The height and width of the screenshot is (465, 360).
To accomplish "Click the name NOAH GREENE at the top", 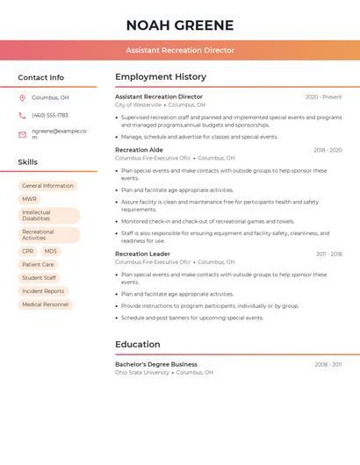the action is coord(180,25).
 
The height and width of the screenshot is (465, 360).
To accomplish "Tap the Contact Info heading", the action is coord(40,77).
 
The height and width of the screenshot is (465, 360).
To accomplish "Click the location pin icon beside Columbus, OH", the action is coord(22,97).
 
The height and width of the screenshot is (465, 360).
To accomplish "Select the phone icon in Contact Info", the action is coord(22,115).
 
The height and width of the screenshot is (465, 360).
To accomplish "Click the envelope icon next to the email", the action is coord(22,134).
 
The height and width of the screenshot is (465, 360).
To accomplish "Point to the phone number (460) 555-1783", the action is coord(50,115).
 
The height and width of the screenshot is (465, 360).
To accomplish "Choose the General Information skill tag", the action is coord(47,186).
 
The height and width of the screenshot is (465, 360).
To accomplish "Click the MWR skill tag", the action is coord(30,199).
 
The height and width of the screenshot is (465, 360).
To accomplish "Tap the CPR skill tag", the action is coord(28,251).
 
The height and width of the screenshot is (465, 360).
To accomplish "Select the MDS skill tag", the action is coord(51,251).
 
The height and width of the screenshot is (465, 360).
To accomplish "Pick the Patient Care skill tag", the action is coord(38,264).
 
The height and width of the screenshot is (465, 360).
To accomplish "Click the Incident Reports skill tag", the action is coord(43,291).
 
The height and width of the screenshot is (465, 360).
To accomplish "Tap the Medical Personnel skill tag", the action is coord(45,304).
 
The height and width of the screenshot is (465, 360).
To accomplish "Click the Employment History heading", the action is coord(161,77).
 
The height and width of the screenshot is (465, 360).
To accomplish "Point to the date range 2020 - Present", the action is coord(323,97).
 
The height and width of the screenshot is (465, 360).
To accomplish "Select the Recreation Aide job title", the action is coord(139,150).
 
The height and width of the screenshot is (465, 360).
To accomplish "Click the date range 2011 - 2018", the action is coord(328,254).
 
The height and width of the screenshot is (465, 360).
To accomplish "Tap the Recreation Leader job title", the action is coord(142,254).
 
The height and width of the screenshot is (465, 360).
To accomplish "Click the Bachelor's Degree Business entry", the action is coord(156,364).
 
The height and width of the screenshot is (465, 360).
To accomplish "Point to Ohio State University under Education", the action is coord(142,372).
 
